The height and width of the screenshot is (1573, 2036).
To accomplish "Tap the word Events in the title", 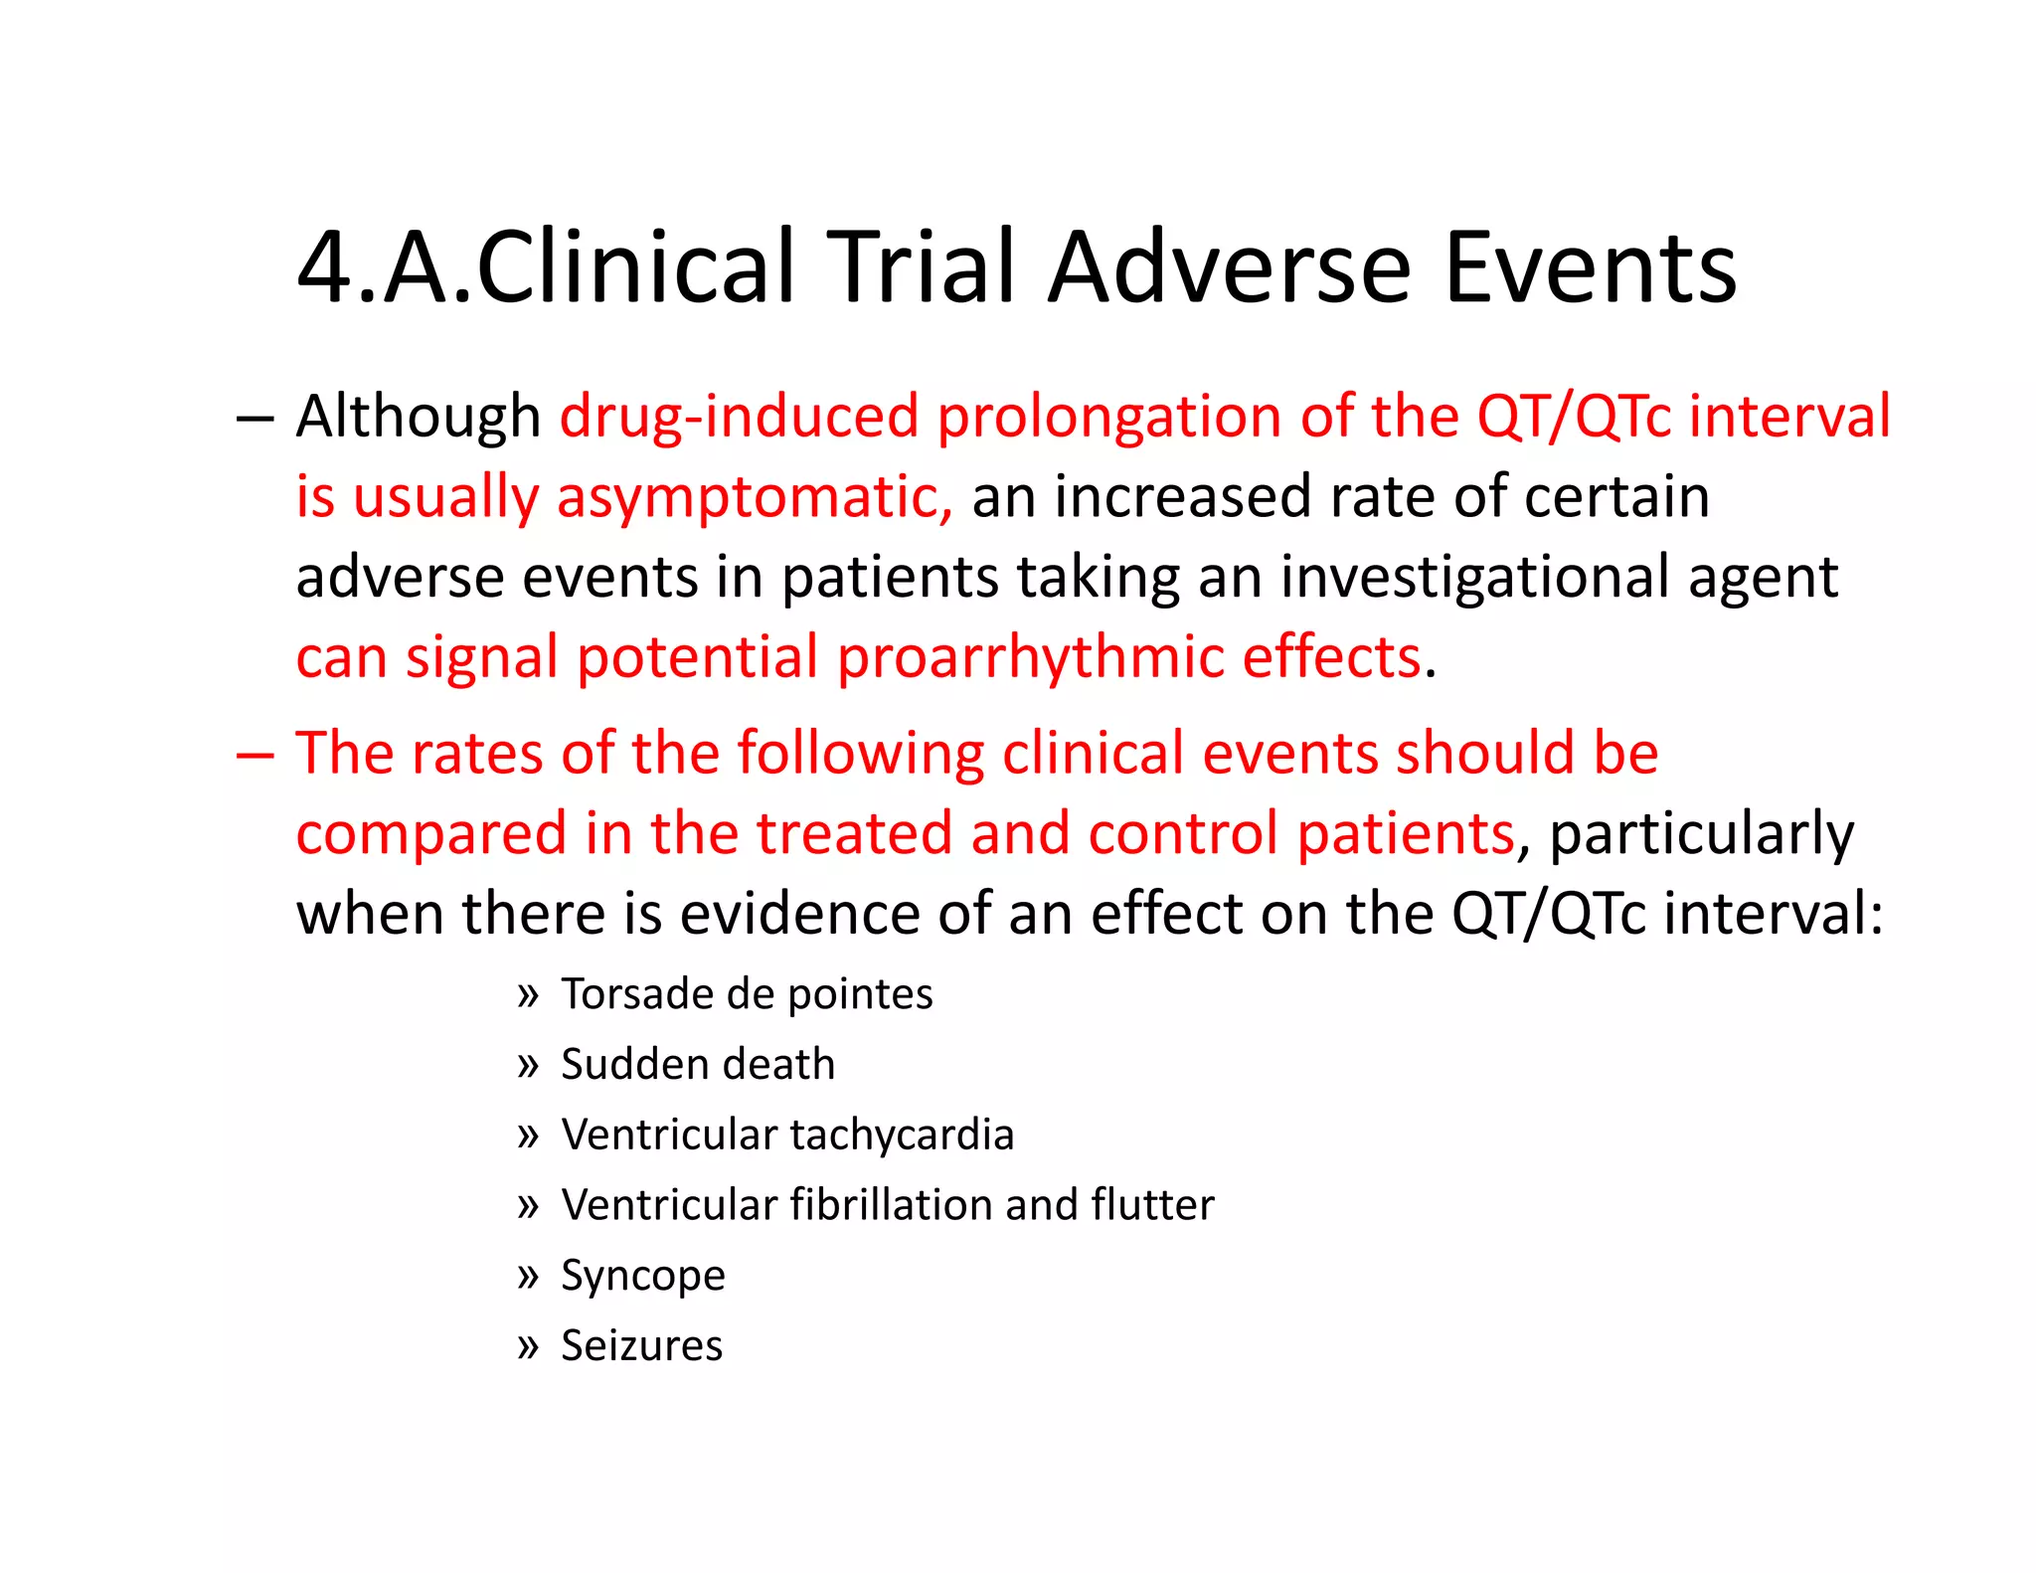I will (x=1590, y=268).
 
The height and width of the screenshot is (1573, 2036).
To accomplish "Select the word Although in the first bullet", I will (x=418, y=416).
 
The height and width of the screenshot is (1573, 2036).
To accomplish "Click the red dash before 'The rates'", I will (x=254, y=754).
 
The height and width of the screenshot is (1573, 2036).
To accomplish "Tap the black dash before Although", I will (x=254, y=418).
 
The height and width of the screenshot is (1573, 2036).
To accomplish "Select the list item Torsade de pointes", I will (x=747, y=994).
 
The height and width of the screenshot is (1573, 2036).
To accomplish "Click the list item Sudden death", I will (x=698, y=1065).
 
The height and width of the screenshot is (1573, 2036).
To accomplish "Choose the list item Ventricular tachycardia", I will (x=787, y=1135).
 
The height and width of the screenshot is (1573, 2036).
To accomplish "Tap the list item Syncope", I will (x=643, y=1276).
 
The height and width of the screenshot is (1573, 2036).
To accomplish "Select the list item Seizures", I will (x=641, y=1346).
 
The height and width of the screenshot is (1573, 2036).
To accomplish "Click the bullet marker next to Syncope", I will (x=527, y=1276).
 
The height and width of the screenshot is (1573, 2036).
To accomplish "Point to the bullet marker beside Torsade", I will (x=527, y=994).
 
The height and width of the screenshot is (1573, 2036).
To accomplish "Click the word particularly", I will (x=1701, y=834).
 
